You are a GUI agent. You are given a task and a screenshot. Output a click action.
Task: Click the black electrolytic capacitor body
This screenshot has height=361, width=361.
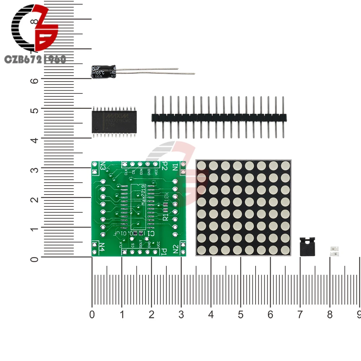coord(103,71)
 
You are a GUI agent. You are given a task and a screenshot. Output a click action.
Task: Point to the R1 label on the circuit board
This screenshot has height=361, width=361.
coord(166,216)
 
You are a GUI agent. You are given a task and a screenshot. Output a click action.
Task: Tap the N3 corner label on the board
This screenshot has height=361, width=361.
coord(103,166)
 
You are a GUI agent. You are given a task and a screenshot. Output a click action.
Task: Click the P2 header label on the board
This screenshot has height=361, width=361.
coord(164,167)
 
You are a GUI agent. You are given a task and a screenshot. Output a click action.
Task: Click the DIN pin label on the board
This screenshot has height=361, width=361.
coord(141,172)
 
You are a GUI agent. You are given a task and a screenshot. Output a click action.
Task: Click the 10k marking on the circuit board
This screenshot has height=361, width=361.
coord(166,198)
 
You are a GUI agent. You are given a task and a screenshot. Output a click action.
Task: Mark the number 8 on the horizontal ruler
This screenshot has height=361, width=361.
coord(330,314)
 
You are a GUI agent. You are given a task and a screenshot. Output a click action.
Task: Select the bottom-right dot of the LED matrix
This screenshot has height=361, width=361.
coord(285,249)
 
